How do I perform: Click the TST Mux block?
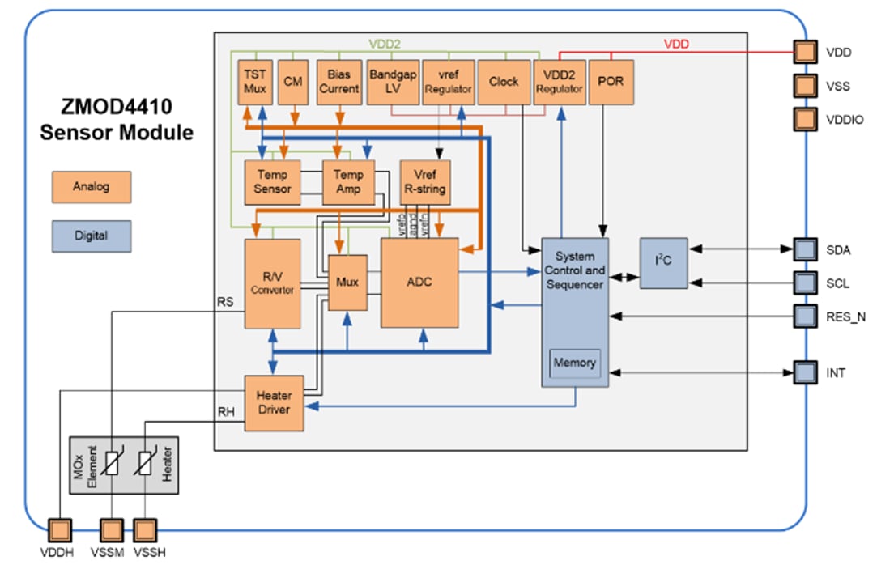pos(255,81)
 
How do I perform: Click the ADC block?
pos(419,282)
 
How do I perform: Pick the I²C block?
pos(663,263)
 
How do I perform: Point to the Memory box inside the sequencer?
pos(574,363)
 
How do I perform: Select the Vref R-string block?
pos(425,182)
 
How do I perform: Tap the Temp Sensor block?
pos(272,182)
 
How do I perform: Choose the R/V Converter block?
pos(272,282)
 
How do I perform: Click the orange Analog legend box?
pos(91,187)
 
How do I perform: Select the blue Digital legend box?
pos(91,236)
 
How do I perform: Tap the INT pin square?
pos(804,373)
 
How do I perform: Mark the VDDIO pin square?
pos(804,119)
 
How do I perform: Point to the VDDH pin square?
pos(60,530)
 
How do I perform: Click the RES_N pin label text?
pos(845,316)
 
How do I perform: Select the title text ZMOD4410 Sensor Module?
pos(117,119)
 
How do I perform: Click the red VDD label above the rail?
pos(676,44)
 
